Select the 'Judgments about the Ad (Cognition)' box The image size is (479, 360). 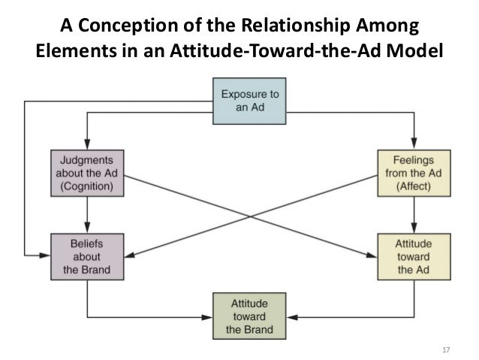(x=88, y=174)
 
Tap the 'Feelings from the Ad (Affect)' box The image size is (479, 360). (x=413, y=174)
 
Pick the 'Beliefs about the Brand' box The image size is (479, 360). (x=87, y=255)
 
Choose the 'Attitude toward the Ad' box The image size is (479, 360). (x=413, y=256)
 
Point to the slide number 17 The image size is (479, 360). (x=446, y=350)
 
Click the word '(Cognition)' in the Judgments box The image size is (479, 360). (x=88, y=188)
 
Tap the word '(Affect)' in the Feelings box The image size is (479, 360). (x=413, y=188)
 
